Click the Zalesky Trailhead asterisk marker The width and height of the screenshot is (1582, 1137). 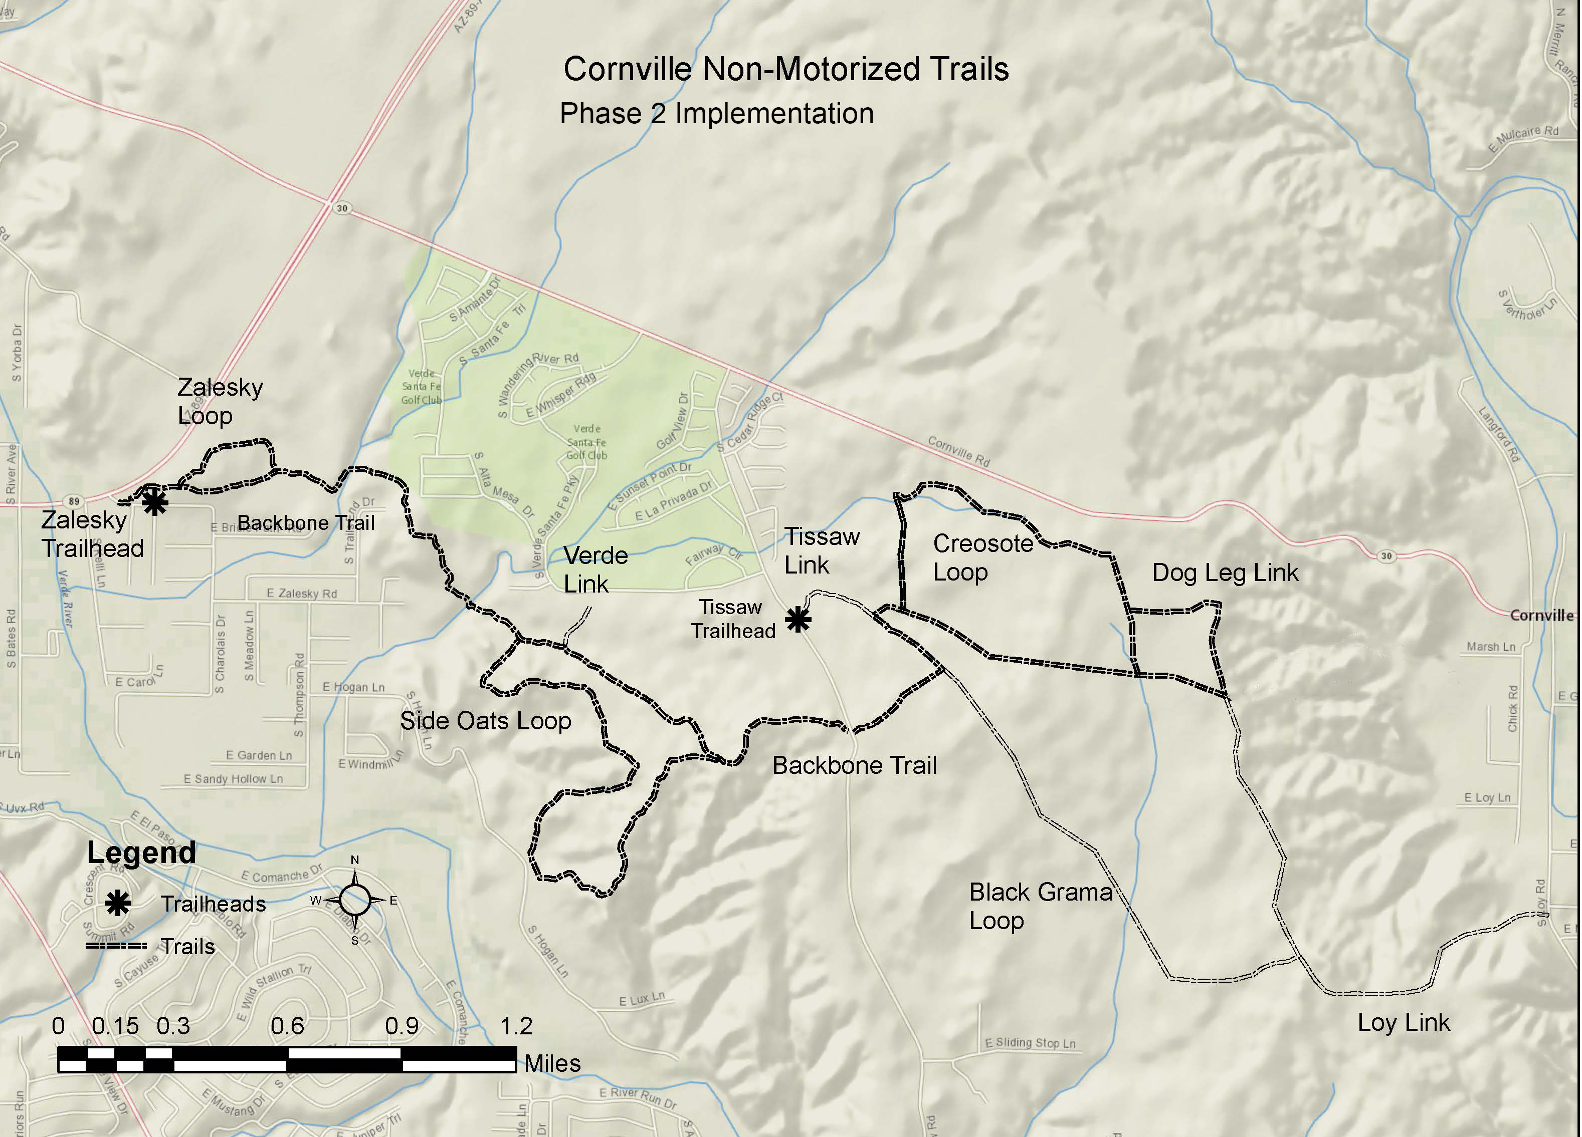tap(155, 502)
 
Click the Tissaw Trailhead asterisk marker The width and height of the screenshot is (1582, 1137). tap(798, 619)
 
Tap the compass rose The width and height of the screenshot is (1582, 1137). tap(355, 900)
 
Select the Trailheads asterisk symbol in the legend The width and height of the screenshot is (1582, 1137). tap(118, 904)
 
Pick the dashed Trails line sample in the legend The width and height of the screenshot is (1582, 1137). tap(116, 946)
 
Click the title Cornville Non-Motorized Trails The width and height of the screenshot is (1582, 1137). tap(786, 69)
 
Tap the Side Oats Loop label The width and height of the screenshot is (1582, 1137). tap(486, 721)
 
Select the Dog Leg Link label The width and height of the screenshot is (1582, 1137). tap(1225, 573)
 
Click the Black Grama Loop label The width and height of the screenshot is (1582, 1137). tap(1040, 906)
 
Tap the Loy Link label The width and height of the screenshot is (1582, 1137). tap(1404, 1023)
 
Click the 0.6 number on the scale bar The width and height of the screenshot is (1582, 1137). tap(287, 1025)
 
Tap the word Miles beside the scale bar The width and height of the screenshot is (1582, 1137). tap(552, 1063)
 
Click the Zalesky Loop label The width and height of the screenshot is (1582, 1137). tap(219, 402)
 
